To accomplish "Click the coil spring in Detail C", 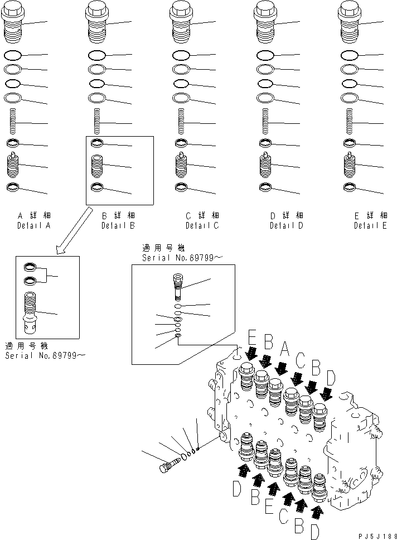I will click(x=181, y=122).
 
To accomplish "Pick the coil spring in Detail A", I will click(x=14, y=122).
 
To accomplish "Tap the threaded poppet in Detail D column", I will click(x=265, y=166).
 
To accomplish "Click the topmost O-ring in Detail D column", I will click(x=265, y=56).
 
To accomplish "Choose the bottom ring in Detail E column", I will click(x=350, y=187).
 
